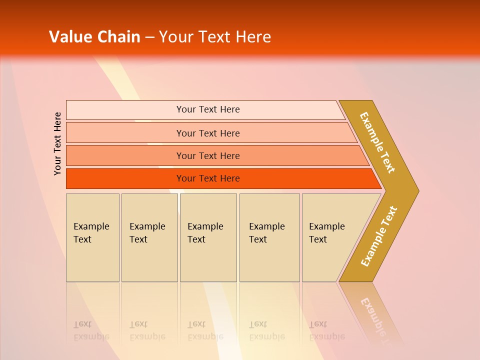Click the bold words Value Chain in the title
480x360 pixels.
[94, 37]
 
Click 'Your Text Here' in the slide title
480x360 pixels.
[215, 37]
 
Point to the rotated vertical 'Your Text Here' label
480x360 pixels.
[58, 143]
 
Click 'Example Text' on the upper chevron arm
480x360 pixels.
[377, 142]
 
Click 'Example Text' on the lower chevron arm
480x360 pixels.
[379, 236]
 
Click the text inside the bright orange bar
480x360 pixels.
[208, 178]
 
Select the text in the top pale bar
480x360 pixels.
[208, 109]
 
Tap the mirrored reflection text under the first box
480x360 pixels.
[91, 330]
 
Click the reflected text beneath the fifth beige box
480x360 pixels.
[326, 330]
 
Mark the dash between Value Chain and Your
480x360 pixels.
[149, 37]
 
